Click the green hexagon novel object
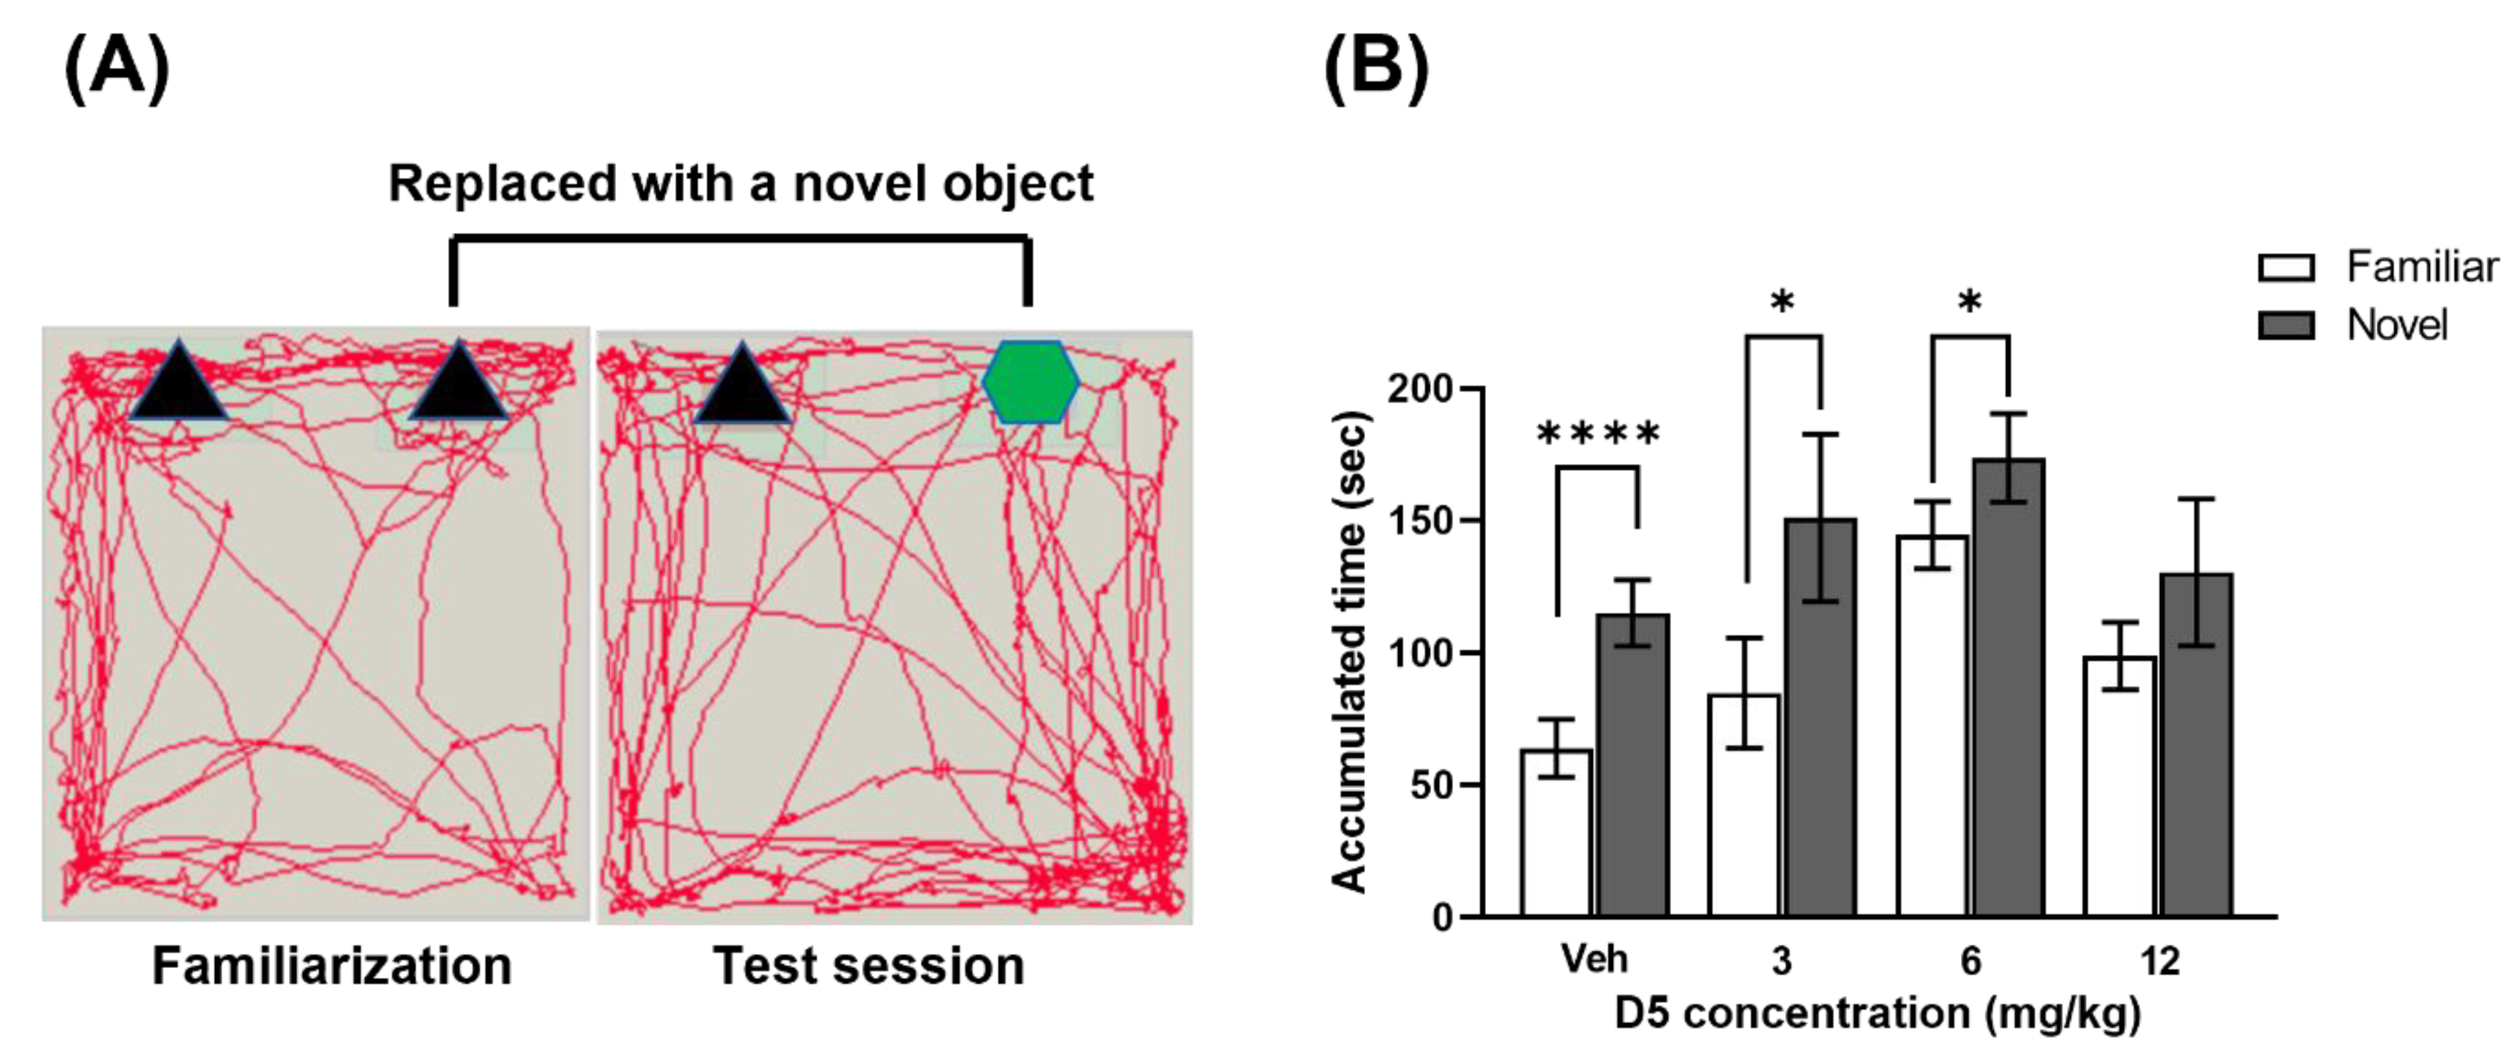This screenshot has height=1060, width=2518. coord(1031,382)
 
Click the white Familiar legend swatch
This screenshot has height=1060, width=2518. coord(2286,267)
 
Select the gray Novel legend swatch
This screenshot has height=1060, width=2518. coord(2286,325)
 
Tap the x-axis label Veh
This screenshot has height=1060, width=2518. coord(1594,959)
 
